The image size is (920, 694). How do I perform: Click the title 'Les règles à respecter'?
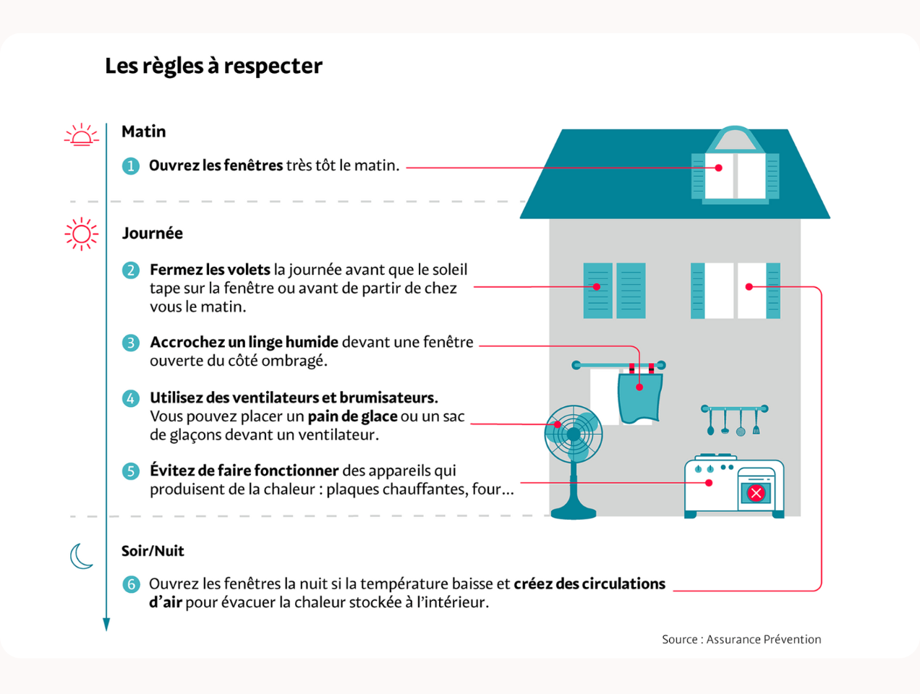(x=213, y=66)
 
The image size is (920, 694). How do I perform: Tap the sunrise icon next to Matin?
(x=81, y=135)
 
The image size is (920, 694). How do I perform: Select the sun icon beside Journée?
(x=81, y=234)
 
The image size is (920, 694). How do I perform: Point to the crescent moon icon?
(x=81, y=556)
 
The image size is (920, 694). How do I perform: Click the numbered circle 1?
(x=130, y=166)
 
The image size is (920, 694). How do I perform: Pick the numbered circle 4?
(x=130, y=398)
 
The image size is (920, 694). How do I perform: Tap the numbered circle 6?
(x=130, y=584)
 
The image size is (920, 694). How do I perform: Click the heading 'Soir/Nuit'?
(x=153, y=551)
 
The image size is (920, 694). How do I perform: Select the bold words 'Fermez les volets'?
(x=210, y=270)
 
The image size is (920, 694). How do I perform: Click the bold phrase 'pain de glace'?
(x=352, y=416)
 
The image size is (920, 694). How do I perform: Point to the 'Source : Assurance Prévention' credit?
(x=741, y=639)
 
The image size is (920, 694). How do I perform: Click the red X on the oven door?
(x=756, y=493)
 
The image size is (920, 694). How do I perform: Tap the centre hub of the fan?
(x=574, y=434)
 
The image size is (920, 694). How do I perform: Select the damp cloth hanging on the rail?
(x=640, y=397)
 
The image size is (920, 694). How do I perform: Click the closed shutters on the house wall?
(x=614, y=291)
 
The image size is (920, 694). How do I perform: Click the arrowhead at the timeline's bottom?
(x=106, y=625)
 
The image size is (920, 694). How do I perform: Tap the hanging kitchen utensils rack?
(x=734, y=419)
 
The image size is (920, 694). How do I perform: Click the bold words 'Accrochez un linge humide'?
(x=244, y=342)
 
